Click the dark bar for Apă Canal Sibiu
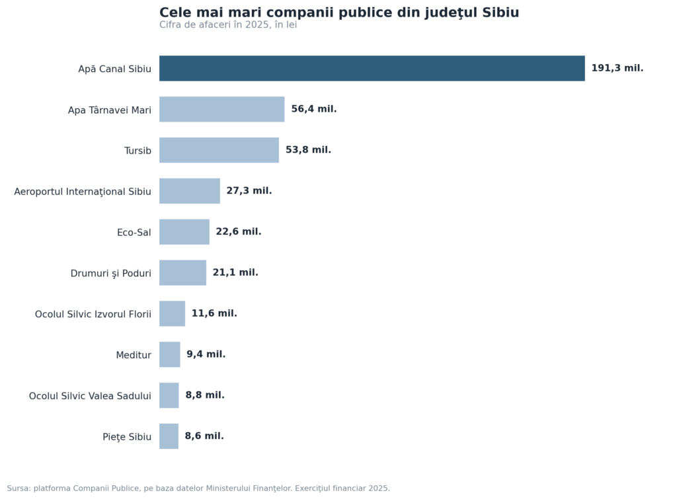(372, 68)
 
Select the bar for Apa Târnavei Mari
(222, 109)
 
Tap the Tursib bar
(219, 150)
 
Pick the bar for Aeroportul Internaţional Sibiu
(190, 191)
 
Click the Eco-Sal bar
(184, 232)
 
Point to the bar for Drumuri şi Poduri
(182, 272)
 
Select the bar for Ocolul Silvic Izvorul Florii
(173, 313)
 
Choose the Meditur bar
(170, 354)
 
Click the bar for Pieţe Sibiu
(169, 436)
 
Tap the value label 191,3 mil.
(617, 68)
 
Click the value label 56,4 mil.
(314, 109)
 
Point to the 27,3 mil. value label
(249, 190)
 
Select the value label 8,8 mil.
(205, 395)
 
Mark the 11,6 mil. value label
(214, 313)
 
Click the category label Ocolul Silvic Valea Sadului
(90, 396)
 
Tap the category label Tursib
(138, 151)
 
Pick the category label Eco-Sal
(134, 232)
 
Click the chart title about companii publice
(339, 12)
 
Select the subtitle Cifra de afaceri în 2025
(228, 24)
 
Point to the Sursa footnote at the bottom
(198, 488)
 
